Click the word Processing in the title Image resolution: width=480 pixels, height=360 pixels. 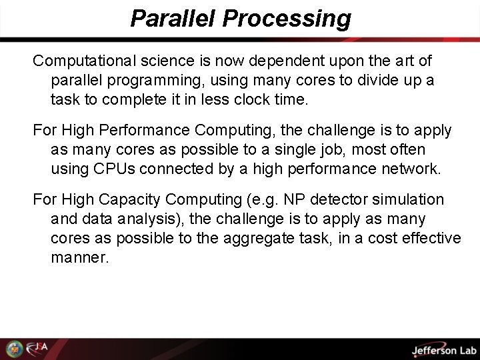(287, 19)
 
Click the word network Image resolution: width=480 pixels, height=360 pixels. (408, 169)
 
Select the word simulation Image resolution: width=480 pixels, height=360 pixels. (411, 199)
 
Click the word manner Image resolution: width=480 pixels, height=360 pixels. (79, 257)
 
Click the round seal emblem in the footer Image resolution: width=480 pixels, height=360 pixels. (13, 349)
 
